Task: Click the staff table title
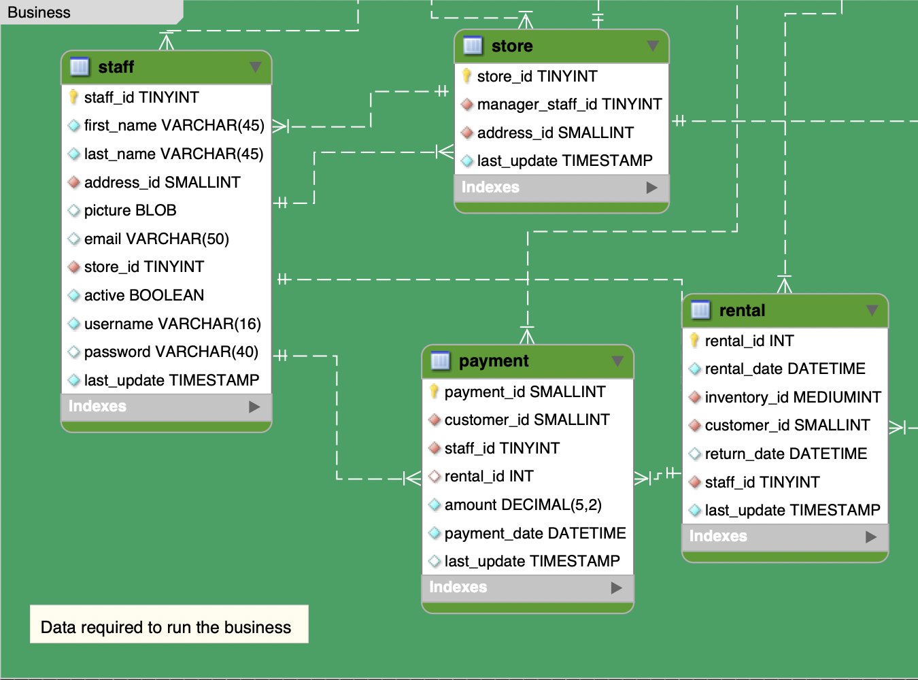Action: click(116, 67)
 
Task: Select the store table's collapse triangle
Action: click(653, 46)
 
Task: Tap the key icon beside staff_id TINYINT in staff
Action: click(73, 97)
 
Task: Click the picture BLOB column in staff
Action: click(130, 211)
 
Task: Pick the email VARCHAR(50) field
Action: click(156, 239)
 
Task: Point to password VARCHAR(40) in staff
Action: click(171, 352)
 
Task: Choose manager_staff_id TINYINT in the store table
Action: click(569, 105)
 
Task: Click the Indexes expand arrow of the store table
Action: click(652, 188)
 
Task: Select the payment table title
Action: click(494, 361)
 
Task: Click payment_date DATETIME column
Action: click(534, 534)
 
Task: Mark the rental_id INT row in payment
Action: click(488, 477)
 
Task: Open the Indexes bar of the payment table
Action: click(527, 588)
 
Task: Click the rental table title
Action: click(742, 311)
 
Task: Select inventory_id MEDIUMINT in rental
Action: click(792, 398)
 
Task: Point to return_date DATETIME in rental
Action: click(785, 454)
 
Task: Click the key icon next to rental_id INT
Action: click(694, 341)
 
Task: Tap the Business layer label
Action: click(39, 12)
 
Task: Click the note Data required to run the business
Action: click(166, 627)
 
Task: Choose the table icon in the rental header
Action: click(700, 311)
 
